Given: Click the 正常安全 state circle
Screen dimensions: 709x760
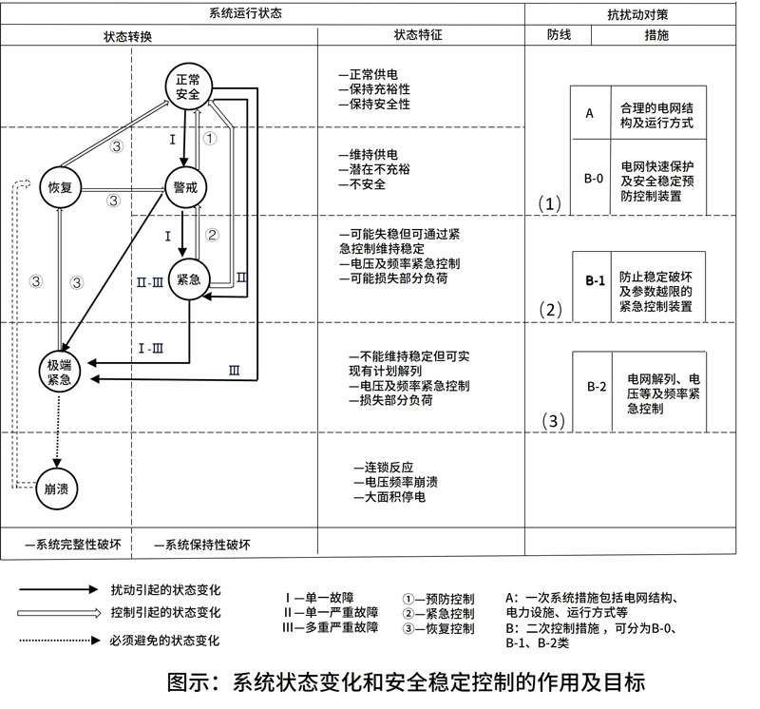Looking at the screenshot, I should point(188,86).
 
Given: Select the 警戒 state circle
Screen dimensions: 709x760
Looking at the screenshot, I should point(186,187).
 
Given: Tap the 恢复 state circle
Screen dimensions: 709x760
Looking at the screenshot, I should point(61,187).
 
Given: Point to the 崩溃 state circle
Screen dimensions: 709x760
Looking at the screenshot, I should point(60,489).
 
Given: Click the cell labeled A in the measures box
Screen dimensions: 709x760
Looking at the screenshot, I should point(590,113).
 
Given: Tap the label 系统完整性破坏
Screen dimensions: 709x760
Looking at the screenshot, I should point(76,545).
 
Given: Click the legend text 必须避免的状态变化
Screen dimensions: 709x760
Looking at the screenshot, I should point(165,641).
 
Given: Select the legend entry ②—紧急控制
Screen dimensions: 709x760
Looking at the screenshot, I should point(438,614).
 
